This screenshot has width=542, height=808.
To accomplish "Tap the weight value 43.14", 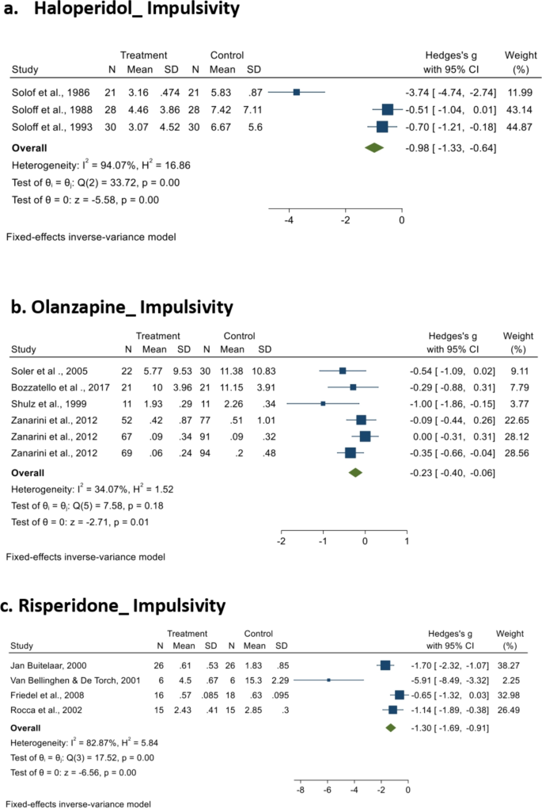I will pyautogui.click(x=518, y=109).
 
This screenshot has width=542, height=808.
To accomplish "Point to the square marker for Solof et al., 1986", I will pyautogui.click(x=297, y=93).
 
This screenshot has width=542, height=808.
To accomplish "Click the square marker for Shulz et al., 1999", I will pyautogui.click(x=323, y=403).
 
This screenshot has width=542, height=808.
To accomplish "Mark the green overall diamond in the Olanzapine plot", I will pyautogui.click(x=355, y=472).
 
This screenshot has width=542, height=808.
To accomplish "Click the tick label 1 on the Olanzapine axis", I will pyautogui.click(x=406, y=542).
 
